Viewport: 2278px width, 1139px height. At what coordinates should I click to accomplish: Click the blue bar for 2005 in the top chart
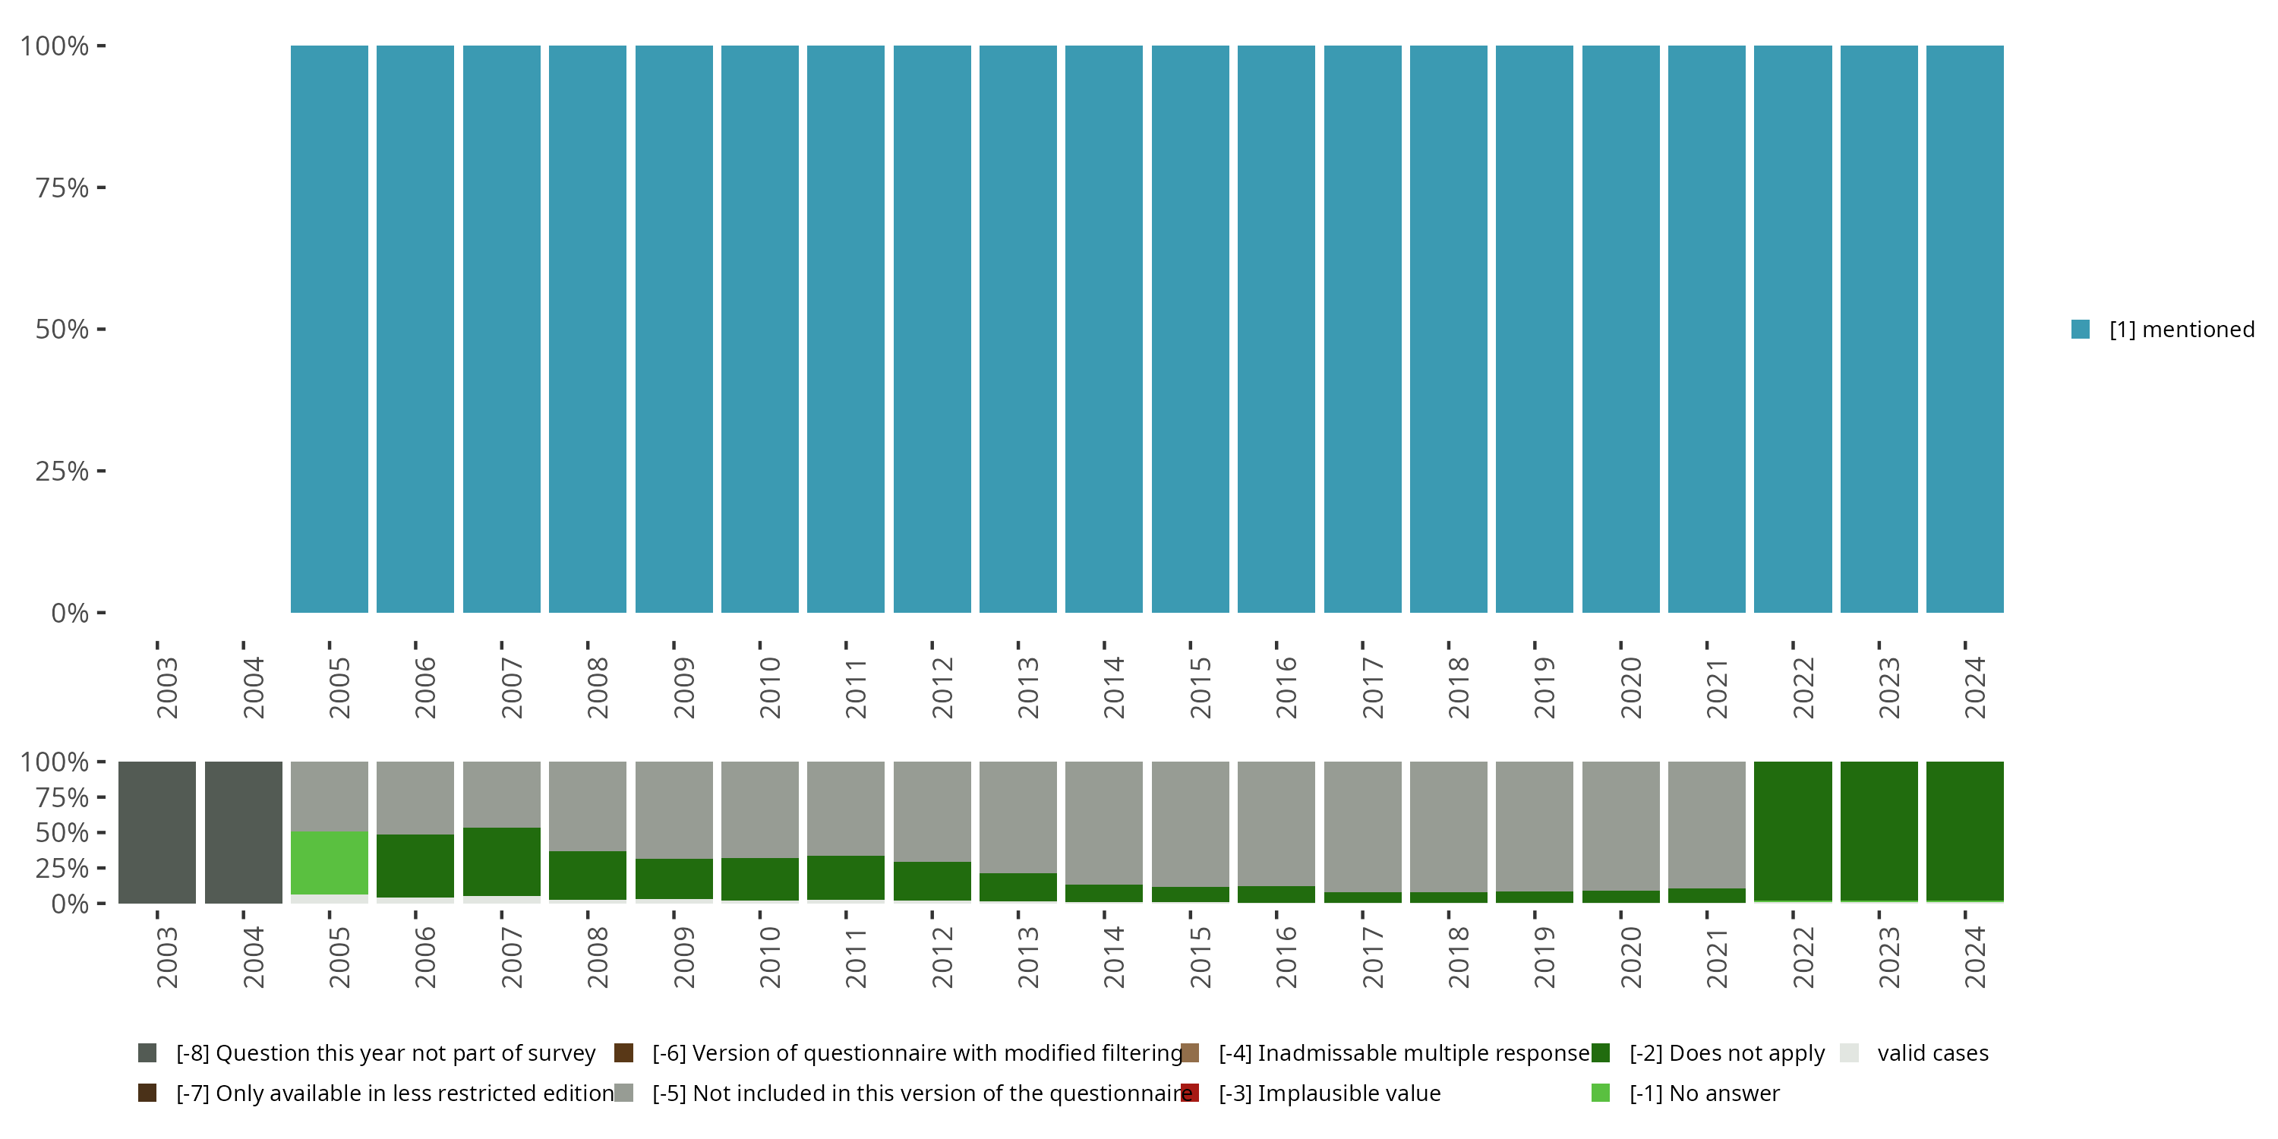point(329,329)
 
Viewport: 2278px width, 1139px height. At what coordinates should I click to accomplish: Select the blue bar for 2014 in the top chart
point(1103,329)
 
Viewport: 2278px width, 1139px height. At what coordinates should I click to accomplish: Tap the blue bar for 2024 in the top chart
point(1964,329)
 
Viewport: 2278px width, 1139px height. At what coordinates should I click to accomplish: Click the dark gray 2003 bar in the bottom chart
point(157,832)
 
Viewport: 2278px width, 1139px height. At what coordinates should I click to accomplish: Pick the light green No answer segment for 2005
point(329,862)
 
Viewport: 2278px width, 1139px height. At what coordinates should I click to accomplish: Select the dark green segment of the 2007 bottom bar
point(501,861)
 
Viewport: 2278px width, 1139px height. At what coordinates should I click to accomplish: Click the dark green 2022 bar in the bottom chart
point(1793,831)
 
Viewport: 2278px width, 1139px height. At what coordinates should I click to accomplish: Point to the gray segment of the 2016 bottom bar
point(1276,823)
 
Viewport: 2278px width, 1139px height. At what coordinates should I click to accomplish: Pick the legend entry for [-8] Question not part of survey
point(386,1053)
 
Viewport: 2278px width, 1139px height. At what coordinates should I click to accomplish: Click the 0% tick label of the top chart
point(70,613)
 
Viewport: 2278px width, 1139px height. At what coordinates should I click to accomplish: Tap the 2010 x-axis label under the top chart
point(768,687)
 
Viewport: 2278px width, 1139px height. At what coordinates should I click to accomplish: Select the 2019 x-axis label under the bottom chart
point(1543,958)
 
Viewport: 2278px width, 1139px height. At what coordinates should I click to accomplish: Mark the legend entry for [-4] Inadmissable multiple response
point(1404,1053)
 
